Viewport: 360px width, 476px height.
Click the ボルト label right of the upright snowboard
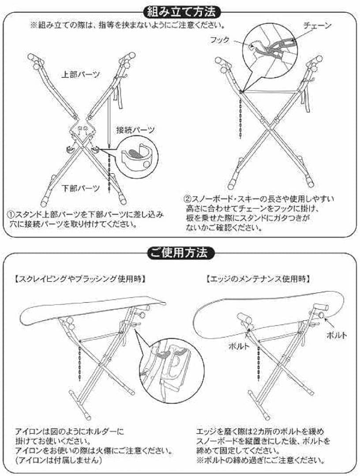click(x=336, y=335)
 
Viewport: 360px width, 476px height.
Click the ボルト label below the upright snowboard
click(x=239, y=346)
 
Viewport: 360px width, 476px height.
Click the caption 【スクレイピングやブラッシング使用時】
click(x=80, y=279)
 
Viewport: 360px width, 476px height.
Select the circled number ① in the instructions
click(x=11, y=215)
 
